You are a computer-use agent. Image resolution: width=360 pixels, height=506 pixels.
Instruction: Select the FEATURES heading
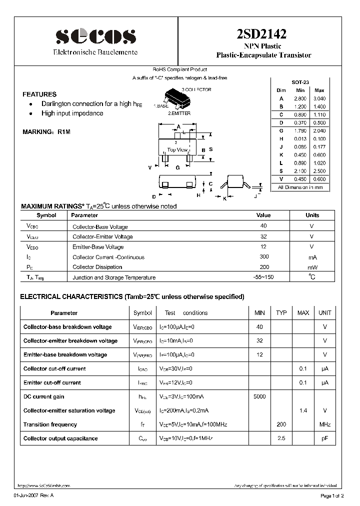pyautogui.click(x=39, y=94)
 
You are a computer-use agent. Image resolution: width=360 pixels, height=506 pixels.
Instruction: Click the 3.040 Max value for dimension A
pyautogui.click(x=319, y=98)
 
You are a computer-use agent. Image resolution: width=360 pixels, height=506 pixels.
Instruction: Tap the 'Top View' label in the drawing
pyautogui.click(x=177, y=149)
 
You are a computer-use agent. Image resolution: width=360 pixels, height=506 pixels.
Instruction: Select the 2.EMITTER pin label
pyautogui.click(x=179, y=113)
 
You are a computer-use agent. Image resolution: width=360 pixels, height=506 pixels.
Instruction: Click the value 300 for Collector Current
pyautogui.click(x=263, y=257)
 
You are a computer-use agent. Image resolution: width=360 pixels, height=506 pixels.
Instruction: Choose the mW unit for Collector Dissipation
pyautogui.click(x=312, y=267)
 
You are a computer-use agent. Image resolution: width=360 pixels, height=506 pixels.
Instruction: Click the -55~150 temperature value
pyautogui.click(x=263, y=277)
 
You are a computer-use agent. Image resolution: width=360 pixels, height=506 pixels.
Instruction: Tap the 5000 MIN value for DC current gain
pyautogui.click(x=259, y=396)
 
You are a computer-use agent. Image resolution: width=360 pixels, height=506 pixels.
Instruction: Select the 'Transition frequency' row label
pyautogui.click(x=50, y=424)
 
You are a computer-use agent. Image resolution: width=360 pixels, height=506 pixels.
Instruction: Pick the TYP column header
pyautogui.click(x=281, y=312)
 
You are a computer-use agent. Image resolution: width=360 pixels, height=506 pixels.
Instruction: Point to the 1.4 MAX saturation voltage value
pyautogui.click(x=303, y=410)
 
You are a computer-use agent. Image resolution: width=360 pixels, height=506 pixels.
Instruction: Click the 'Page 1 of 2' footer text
pyautogui.click(x=332, y=495)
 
